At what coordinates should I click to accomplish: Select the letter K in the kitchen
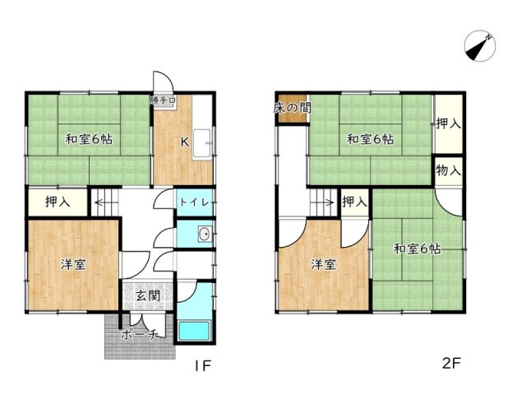(x=185, y=140)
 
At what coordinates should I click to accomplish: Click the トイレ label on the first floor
(x=196, y=202)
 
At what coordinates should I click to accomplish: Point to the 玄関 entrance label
(x=148, y=296)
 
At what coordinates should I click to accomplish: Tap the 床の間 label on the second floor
(x=292, y=108)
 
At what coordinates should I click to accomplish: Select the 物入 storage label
(x=449, y=171)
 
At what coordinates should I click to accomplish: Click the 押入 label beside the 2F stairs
(x=353, y=202)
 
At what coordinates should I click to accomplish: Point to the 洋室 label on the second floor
(x=322, y=264)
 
